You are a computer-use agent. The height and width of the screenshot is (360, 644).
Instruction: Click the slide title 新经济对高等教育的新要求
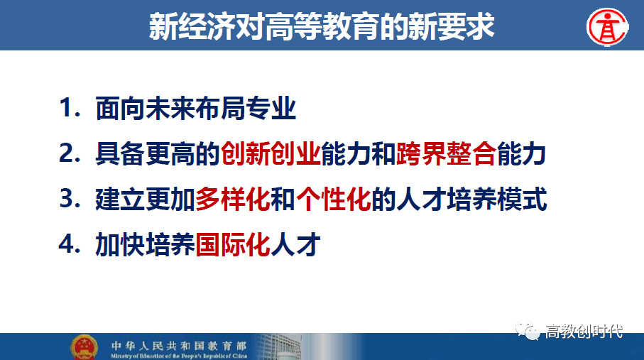(322, 27)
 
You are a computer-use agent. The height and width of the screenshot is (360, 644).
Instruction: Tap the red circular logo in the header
(608, 27)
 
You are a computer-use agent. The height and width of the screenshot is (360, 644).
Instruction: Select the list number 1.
(70, 108)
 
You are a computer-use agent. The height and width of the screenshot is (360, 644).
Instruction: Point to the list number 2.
(70, 153)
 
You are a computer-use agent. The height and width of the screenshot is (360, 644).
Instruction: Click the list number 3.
(70, 199)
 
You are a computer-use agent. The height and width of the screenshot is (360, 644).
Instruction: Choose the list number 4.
(70, 244)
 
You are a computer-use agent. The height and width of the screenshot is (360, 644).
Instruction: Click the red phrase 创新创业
(271, 153)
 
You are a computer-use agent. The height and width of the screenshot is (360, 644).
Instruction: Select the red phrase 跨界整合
(447, 153)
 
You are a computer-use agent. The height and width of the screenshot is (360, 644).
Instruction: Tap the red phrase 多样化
(233, 200)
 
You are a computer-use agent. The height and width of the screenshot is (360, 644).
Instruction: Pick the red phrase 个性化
(334, 200)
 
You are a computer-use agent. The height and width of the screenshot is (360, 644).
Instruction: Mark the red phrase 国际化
(233, 245)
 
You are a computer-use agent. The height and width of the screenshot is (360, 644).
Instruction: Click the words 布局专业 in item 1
(246, 109)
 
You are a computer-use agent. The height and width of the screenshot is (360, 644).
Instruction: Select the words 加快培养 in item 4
(145, 245)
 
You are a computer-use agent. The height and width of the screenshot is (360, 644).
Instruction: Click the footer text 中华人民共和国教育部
(179, 346)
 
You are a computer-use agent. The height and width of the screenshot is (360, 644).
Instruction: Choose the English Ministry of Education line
(179, 356)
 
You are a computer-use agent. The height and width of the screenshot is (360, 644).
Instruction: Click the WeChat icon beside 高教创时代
(528, 331)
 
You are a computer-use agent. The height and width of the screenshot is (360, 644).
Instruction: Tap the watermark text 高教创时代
(584, 331)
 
